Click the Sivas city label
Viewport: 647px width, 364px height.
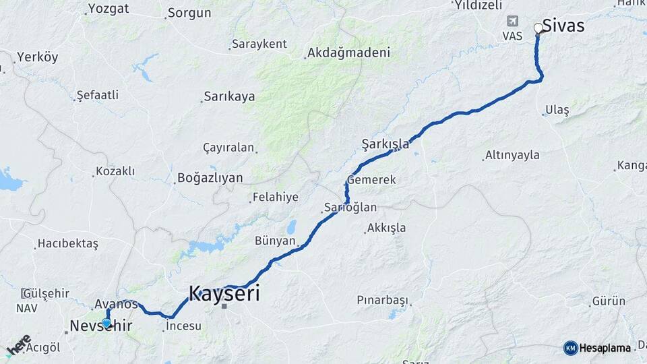[x=563, y=26]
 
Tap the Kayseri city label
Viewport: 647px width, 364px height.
[x=224, y=294]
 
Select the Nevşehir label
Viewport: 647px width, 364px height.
[x=101, y=327]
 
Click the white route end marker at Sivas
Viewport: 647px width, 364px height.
[x=538, y=28]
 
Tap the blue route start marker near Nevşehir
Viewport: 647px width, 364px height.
[x=106, y=323]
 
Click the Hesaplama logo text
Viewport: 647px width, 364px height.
[x=605, y=348]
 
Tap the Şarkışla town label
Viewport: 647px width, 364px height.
[x=386, y=144]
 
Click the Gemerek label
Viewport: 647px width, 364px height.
[x=371, y=180]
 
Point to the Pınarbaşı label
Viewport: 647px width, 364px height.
[x=383, y=299]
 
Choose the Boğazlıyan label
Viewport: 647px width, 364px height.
[x=209, y=178]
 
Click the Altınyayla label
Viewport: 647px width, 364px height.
[x=512, y=155]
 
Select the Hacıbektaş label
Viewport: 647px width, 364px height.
[x=68, y=243]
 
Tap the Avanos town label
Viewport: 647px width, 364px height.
[x=116, y=304]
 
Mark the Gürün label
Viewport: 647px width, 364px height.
[x=609, y=301]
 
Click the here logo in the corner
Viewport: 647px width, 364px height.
[x=18, y=344]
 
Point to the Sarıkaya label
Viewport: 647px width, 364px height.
[x=230, y=96]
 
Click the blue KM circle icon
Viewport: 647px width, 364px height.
[x=571, y=348]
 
